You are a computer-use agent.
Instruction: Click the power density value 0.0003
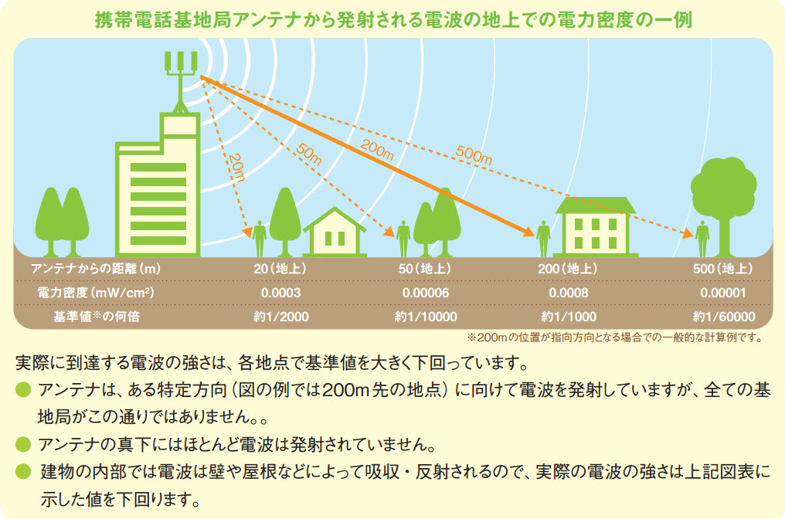280,293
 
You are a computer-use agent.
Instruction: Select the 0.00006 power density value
426,293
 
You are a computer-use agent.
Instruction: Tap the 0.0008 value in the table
568,293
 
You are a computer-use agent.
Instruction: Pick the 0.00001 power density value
723,293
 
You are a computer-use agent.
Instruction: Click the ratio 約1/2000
281,317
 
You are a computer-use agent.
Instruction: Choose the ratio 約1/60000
724,317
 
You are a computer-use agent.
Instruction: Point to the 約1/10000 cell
426,317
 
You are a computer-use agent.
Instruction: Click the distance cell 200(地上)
568,269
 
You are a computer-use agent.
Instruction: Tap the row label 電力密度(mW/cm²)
96,293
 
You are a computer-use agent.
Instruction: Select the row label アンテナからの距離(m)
96,269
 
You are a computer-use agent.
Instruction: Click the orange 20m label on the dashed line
237,168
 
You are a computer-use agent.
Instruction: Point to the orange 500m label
474,155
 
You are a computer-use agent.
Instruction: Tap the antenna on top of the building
181,81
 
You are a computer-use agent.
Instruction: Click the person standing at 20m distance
260,238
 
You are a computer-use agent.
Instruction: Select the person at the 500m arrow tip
702,238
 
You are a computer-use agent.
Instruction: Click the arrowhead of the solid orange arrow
528,231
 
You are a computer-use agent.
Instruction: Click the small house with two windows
335,232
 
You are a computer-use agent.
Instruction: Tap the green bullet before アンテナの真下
23,444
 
